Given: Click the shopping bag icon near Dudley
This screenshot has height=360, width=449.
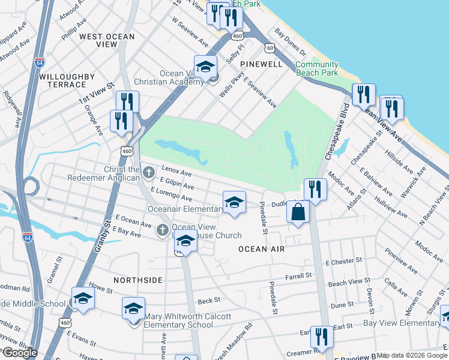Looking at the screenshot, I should coord(298,212).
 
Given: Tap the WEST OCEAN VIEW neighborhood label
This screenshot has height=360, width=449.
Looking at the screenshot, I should coord(107,41).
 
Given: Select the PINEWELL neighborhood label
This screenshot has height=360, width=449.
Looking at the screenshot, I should coord(261,63).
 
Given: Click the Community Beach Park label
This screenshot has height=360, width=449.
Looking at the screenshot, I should coord(317,68).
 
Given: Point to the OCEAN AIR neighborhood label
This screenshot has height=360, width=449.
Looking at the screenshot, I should coord(261,248).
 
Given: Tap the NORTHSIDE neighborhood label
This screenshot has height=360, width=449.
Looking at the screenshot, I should coord(137,280).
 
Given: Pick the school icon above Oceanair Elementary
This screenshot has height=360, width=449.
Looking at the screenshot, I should coord(234,203).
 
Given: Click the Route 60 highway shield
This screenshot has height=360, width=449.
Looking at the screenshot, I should coord(271,47).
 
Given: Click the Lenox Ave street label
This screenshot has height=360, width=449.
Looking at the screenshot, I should coord(175,172).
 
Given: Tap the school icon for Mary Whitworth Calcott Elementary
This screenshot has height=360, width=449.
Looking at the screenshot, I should coord(133,310).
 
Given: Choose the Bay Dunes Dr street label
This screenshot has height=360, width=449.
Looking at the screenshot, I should coord(290,41).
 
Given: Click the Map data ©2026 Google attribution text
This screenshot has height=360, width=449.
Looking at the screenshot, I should coord(412,355).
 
